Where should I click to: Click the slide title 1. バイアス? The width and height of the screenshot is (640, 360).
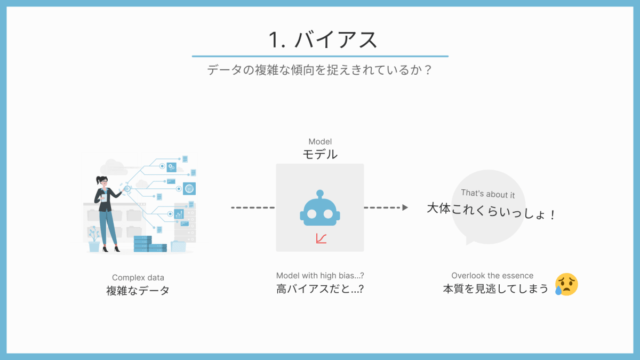click(x=322, y=39)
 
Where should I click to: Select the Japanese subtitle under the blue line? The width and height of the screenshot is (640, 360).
click(x=319, y=70)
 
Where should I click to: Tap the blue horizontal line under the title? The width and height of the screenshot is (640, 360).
click(x=319, y=56)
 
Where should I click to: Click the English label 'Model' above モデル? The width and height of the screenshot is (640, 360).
click(x=320, y=142)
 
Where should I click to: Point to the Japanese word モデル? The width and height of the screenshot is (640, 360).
click(x=320, y=155)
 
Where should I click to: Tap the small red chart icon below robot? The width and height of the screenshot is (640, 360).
click(x=321, y=238)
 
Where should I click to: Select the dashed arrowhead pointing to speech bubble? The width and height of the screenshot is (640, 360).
click(x=405, y=207)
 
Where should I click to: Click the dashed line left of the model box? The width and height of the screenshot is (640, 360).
click(x=253, y=207)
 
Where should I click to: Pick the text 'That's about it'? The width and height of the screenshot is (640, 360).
click(x=488, y=195)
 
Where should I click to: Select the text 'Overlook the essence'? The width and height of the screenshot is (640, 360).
click(x=492, y=276)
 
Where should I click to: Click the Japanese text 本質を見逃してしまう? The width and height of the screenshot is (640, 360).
click(x=495, y=289)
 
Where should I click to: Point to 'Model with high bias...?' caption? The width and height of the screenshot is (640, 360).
click(x=320, y=276)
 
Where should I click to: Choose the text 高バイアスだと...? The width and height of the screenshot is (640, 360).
click(x=320, y=289)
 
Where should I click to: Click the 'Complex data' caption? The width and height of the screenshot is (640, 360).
click(x=138, y=277)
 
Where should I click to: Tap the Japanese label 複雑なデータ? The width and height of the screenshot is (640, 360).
click(x=138, y=291)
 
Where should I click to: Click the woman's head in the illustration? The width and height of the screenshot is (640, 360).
click(x=102, y=181)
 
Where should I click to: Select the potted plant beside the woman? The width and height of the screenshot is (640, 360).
click(x=94, y=240)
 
